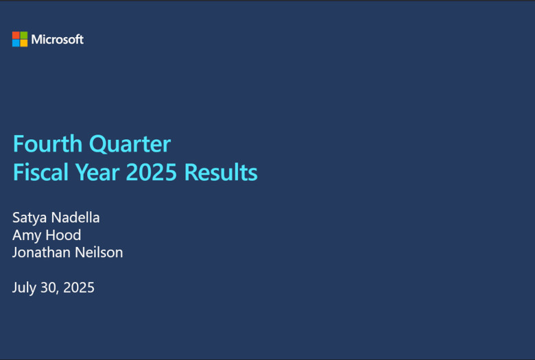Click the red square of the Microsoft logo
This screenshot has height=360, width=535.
[16, 35]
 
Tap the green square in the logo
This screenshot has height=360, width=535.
[24, 35]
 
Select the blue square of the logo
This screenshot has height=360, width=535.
[16, 43]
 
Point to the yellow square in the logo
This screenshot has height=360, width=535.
[24, 43]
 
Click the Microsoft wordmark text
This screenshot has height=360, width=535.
[58, 39]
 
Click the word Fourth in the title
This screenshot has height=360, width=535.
[47, 144]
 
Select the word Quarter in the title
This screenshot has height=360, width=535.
[130, 145]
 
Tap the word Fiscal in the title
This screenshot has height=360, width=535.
[40, 171]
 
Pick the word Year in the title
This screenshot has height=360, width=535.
[97, 171]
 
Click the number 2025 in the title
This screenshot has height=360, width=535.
[152, 172]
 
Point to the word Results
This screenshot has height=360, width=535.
[221, 171]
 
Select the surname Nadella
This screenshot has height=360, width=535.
[75, 217]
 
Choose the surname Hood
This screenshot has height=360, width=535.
[64, 235]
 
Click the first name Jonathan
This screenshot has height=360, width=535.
[40, 252]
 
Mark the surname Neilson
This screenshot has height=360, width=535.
[99, 252]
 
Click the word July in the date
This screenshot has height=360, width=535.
[24, 288]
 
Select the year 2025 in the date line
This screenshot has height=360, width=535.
[79, 287]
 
